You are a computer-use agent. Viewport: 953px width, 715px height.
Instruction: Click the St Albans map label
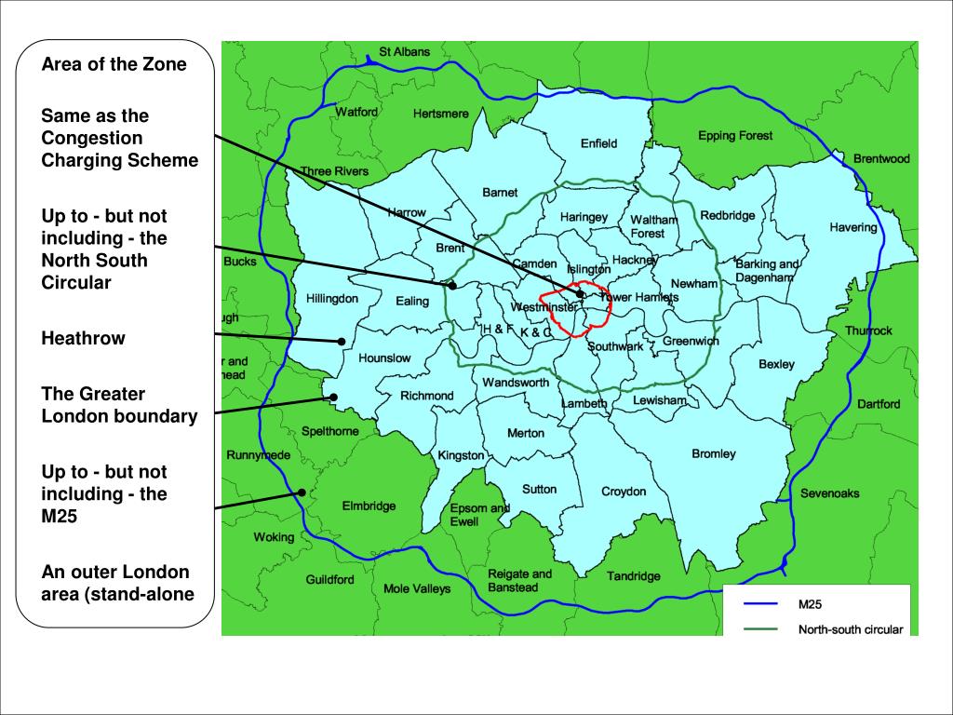[x=405, y=52]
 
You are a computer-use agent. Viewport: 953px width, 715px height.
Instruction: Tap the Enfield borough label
[x=598, y=143]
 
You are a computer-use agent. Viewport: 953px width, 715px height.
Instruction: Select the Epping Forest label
[x=735, y=136]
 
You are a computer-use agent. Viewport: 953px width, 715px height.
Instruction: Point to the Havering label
[x=853, y=227]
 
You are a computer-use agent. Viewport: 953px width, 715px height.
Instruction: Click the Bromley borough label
[x=714, y=454]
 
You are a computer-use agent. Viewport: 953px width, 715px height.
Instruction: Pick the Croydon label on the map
[x=624, y=492]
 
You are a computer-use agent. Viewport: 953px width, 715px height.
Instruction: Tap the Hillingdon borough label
[x=332, y=299]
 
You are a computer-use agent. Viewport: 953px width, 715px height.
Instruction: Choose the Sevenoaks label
[x=830, y=493]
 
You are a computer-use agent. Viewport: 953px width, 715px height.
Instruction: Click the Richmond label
[x=427, y=396]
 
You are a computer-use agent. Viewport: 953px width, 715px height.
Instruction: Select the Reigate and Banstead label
[x=519, y=581]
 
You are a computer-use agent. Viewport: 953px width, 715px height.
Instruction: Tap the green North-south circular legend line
[x=760, y=630]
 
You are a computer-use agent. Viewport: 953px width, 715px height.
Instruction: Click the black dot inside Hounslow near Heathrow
[x=342, y=342]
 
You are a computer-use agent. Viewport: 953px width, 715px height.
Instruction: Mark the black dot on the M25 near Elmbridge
[x=302, y=492]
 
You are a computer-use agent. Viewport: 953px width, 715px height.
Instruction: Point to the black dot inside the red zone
[x=580, y=294]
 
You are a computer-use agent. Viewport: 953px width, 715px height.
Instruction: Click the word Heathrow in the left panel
[x=83, y=338]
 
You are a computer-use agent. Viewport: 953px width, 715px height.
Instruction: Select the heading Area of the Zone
[x=114, y=64]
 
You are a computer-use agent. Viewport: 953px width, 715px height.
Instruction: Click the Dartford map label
[x=879, y=404]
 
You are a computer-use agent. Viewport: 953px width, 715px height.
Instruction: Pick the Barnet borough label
[x=500, y=193]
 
